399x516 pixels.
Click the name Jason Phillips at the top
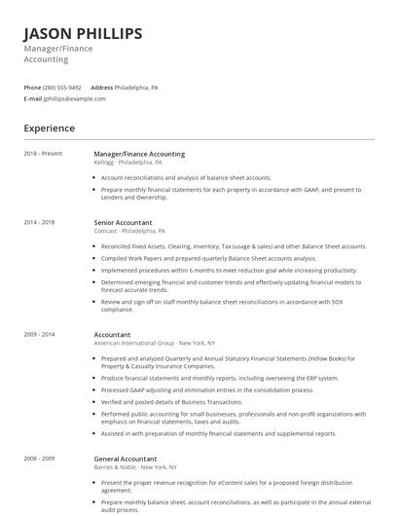(83, 34)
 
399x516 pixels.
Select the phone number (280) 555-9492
(63, 88)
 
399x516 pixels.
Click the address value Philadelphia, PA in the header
(136, 88)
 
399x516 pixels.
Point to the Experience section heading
(49, 128)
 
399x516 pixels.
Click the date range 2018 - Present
(42, 154)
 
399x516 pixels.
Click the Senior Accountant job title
(123, 222)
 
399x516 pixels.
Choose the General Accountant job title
(126, 458)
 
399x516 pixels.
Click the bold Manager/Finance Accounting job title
(139, 154)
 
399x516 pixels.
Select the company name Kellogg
(103, 162)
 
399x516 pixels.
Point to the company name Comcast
(105, 231)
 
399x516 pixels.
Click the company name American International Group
(133, 343)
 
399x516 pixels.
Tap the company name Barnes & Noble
(116, 466)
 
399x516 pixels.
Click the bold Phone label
(32, 88)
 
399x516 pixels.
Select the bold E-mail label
(33, 98)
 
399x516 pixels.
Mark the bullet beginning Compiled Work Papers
(208, 258)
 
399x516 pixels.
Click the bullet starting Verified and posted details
(171, 402)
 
